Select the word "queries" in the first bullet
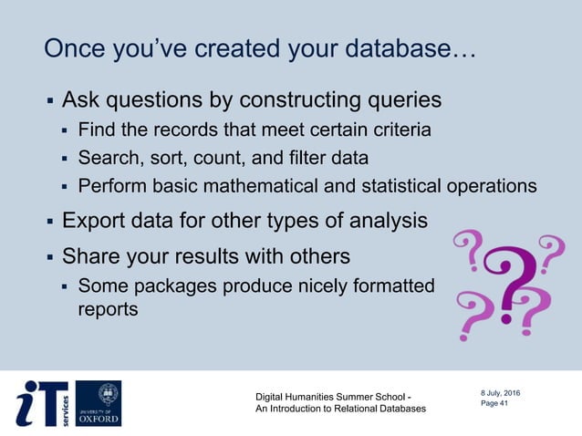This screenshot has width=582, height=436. click(399, 99)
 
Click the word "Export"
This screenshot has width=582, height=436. click(94, 220)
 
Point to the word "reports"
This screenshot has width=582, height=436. click(109, 309)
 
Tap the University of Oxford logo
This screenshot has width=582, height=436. click(98, 403)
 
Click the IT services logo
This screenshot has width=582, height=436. click(41, 403)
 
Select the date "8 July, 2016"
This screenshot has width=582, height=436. click(501, 393)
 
